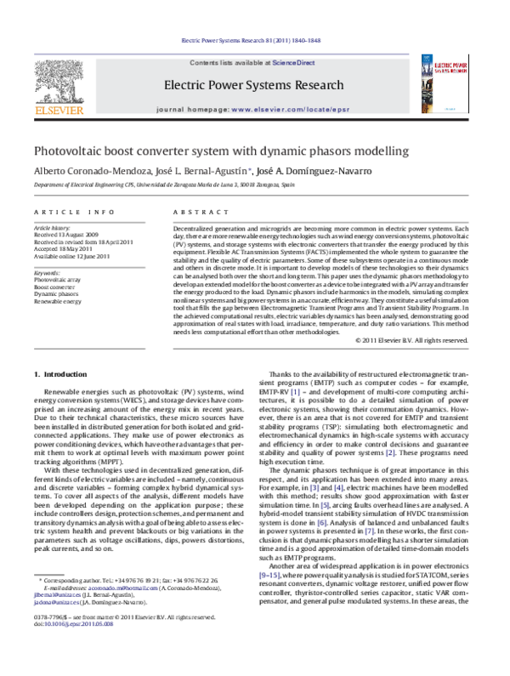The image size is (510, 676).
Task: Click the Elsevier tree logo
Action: coord(59,79)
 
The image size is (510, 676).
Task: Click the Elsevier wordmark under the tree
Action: coord(59,110)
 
